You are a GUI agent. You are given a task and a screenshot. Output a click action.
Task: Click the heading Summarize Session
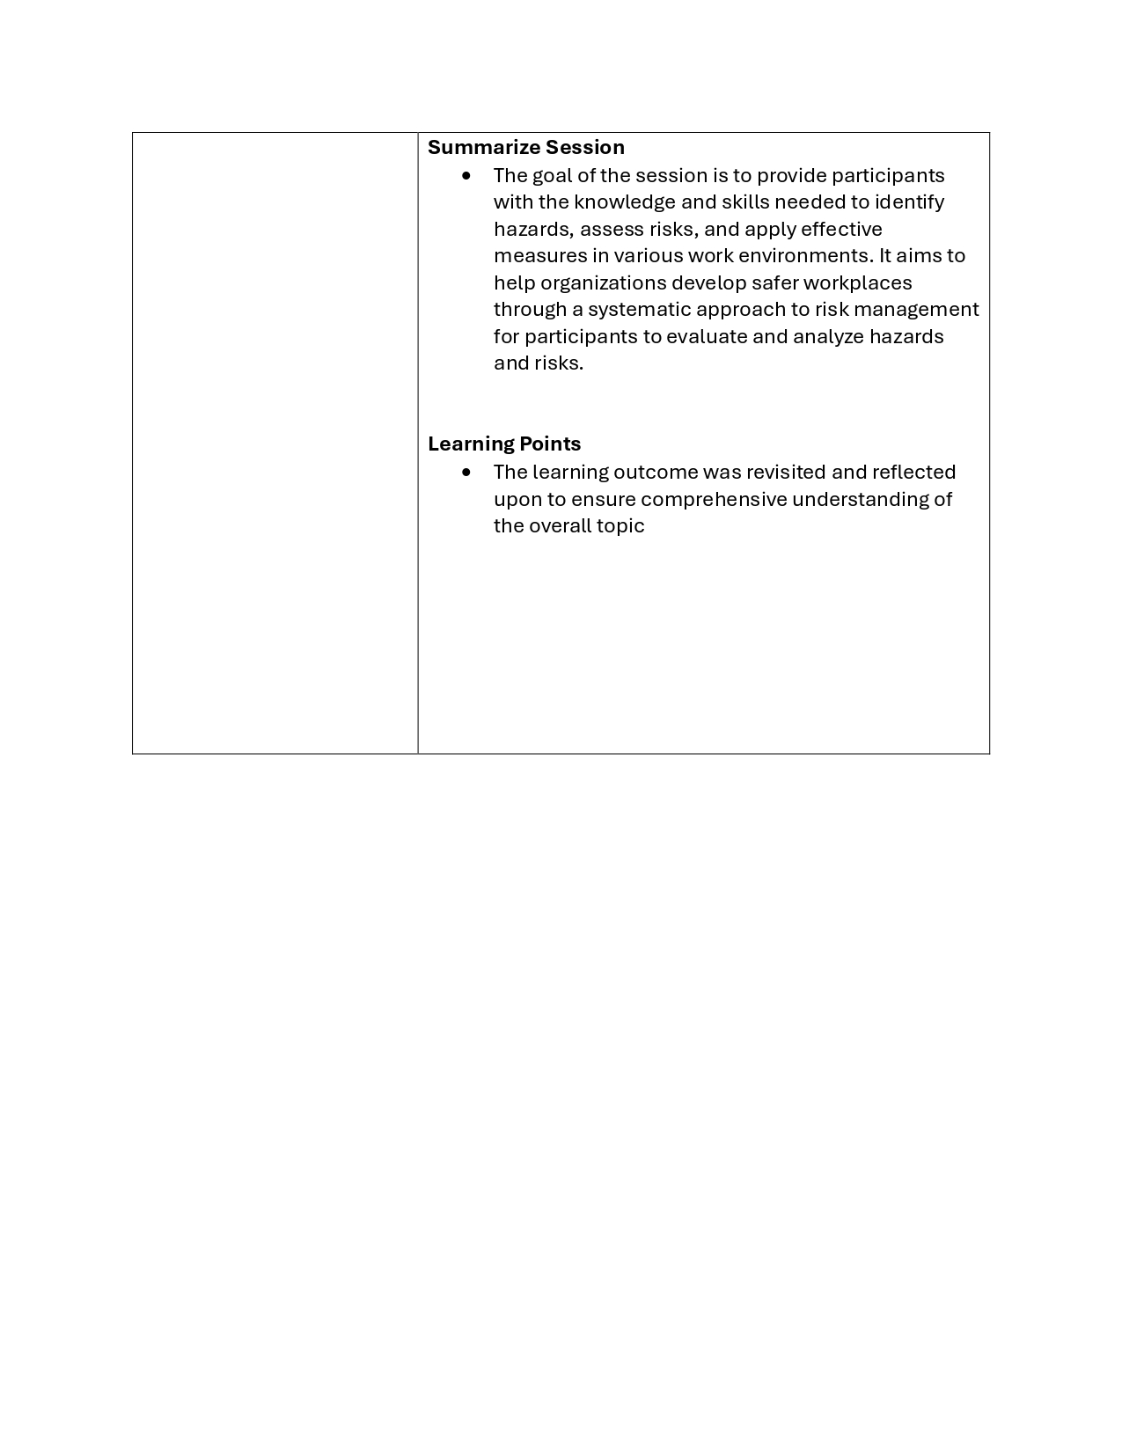click(525, 147)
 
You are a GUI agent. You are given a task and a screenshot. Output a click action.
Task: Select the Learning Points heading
click(504, 444)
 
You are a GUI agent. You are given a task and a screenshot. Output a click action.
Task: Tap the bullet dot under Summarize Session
click(466, 175)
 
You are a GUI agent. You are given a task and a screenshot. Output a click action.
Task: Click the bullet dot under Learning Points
click(466, 472)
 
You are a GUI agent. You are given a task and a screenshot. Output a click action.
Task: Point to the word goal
click(552, 175)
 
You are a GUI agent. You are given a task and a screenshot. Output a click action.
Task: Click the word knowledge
click(624, 202)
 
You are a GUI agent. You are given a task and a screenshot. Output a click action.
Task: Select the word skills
click(744, 202)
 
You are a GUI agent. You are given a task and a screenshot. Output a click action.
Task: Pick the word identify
click(909, 202)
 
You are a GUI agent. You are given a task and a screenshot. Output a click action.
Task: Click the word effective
click(840, 229)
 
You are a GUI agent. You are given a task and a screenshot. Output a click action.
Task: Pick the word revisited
click(785, 472)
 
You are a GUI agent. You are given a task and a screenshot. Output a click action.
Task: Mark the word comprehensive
click(714, 499)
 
